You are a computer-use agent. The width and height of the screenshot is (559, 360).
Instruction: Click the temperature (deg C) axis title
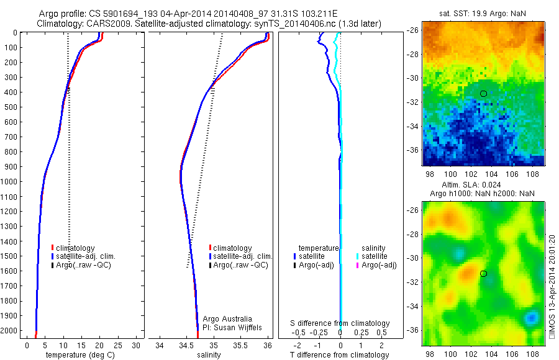click(78, 355)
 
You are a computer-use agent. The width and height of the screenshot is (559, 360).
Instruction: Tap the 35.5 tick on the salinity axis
click(240, 345)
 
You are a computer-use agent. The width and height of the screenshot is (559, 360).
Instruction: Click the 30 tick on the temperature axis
click(135, 345)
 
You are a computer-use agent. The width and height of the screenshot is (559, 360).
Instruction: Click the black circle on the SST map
click(483, 94)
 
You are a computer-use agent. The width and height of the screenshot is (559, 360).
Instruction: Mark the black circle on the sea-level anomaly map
click(483, 273)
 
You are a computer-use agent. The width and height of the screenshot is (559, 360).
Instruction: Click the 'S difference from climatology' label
click(340, 323)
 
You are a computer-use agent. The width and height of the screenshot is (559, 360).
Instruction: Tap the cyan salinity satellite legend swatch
click(358, 256)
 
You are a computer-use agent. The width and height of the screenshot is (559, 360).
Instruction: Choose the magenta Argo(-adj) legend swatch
click(358, 265)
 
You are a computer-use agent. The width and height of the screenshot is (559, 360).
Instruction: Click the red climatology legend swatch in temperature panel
click(52, 248)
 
